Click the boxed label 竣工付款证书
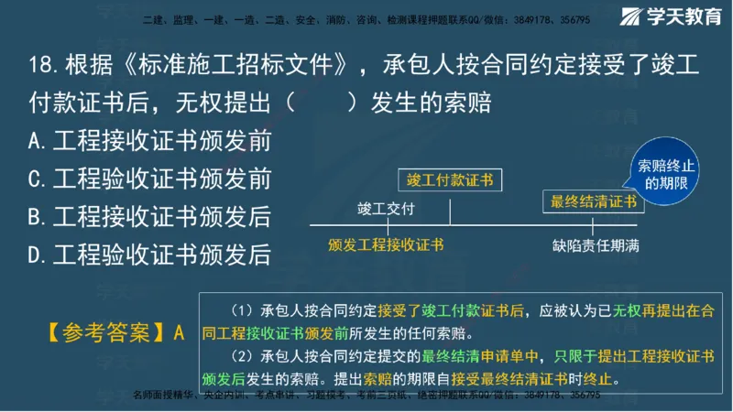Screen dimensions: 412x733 pyautogui.click(x=449, y=179)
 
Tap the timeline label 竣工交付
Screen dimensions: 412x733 pyautogui.click(x=386, y=209)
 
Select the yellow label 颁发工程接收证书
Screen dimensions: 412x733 pyautogui.click(x=386, y=244)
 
